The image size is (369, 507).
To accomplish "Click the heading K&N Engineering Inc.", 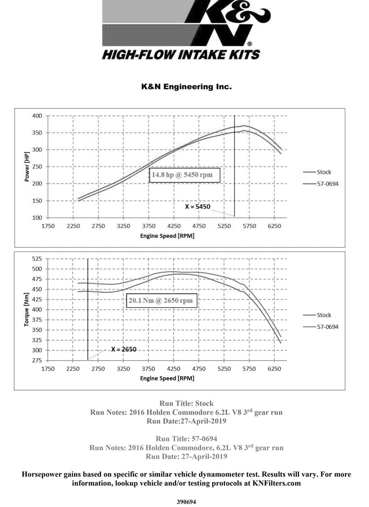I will (186, 87).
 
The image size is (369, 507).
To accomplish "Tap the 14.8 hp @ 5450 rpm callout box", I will (184, 175).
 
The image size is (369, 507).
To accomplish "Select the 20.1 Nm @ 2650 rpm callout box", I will (161, 300).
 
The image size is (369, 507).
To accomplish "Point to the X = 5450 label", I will (197, 207).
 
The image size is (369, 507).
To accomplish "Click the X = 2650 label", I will (124, 349).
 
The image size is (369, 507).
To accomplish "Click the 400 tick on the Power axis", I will (37, 116).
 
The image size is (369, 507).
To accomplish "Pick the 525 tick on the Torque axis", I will (37, 259).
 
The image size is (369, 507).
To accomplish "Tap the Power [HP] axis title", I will (27, 167).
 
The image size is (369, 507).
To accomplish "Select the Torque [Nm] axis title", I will (26, 310).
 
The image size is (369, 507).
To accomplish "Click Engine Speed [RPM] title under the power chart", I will (167, 236).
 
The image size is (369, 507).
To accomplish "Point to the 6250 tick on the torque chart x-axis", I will (274, 369).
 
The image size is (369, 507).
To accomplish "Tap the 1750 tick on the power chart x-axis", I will (48, 226).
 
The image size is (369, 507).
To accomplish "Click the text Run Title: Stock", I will (186, 404).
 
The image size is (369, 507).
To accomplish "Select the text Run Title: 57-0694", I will (186, 439).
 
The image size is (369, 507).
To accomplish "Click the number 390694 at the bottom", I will (186, 502).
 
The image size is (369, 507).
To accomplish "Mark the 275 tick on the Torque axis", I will (37, 360).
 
